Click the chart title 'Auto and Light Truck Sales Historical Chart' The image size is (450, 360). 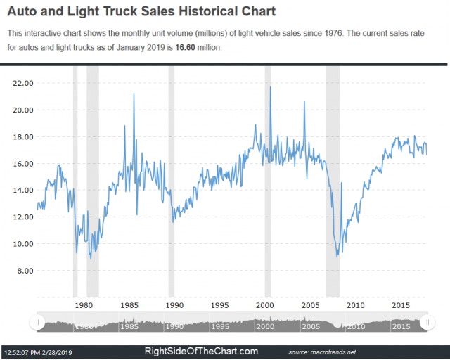(x=141, y=11)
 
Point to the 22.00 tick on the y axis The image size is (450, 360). (x=24, y=83)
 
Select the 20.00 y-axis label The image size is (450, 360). (x=24, y=110)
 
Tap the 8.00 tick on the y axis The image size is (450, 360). (x=25, y=271)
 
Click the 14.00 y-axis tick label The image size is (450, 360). (x=24, y=190)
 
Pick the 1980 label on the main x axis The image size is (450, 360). (x=84, y=305)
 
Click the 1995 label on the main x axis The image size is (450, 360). (x=220, y=305)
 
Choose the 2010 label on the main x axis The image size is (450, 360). (x=356, y=305)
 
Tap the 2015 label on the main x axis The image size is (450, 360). (x=401, y=305)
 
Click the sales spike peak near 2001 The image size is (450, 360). (x=271, y=87)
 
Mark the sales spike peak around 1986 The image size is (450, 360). (x=134, y=94)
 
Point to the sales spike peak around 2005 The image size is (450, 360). (x=304, y=102)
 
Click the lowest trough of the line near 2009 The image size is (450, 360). (x=337, y=257)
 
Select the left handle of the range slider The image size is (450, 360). (x=34, y=322)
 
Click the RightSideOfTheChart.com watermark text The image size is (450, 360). (x=201, y=352)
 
